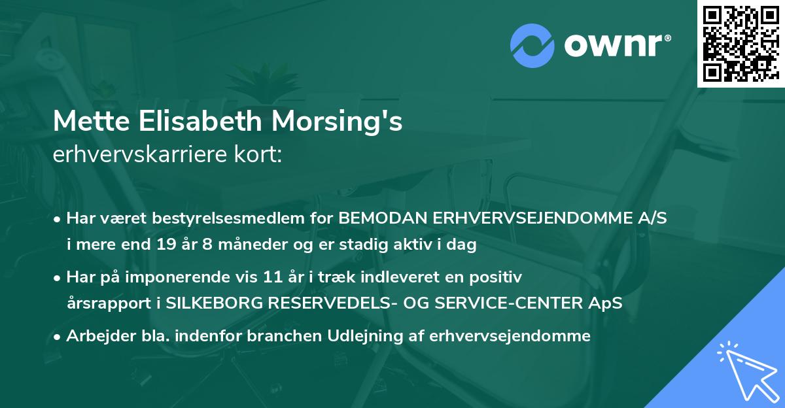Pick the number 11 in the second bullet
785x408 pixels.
click(x=265, y=277)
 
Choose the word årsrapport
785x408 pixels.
click(x=104, y=303)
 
